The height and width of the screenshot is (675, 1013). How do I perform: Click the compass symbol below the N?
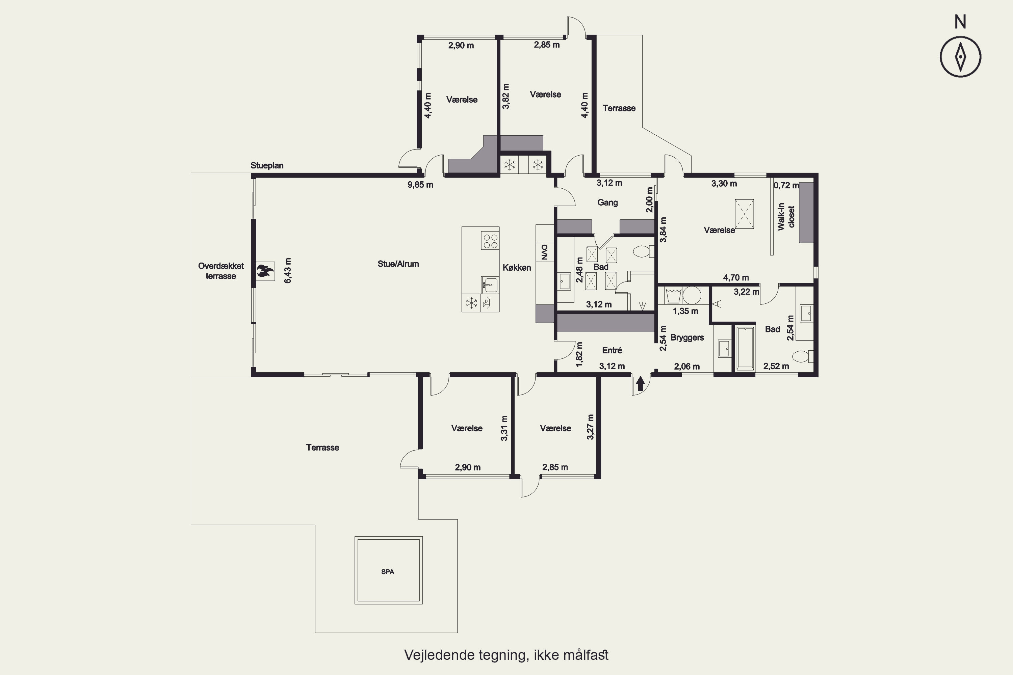click(x=960, y=57)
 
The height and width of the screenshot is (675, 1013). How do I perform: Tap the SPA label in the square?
click(x=388, y=572)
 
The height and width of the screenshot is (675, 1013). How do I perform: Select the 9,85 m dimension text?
click(x=420, y=185)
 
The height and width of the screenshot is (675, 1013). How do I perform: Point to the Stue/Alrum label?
click(x=398, y=264)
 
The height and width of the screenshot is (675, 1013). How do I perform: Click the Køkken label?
click(x=517, y=268)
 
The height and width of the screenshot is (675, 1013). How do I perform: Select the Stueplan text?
click(x=267, y=166)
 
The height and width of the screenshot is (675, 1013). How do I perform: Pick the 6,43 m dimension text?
click(x=288, y=270)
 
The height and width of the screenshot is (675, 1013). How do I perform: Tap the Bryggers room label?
click(x=687, y=337)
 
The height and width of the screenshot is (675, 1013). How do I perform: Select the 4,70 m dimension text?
click(x=736, y=278)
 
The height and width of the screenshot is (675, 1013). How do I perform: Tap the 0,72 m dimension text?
click(x=786, y=186)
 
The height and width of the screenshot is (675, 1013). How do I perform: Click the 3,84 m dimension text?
click(x=663, y=230)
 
